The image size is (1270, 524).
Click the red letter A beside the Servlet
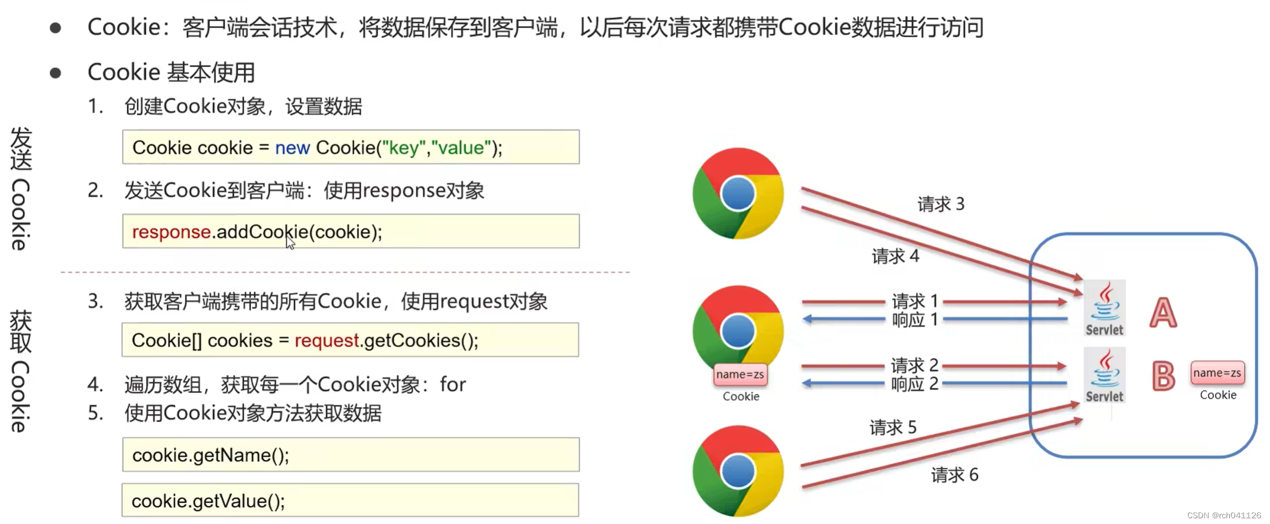(x=1163, y=312)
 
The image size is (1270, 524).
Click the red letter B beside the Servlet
(x=1163, y=376)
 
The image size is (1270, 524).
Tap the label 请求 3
(x=941, y=204)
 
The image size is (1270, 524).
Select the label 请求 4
(x=895, y=256)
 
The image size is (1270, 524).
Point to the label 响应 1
(x=915, y=319)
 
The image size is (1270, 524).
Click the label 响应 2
(x=915, y=384)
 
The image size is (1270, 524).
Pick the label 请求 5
(x=893, y=427)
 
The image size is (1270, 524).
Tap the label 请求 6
(x=954, y=475)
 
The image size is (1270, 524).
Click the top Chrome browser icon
(x=738, y=193)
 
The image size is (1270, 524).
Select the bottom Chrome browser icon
(x=738, y=471)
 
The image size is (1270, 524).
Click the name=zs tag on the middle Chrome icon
(x=740, y=375)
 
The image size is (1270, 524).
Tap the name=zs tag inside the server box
(x=1217, y=373)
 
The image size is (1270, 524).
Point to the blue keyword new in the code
(x=292, y=148)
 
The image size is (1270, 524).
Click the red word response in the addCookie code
(x=171, y=232)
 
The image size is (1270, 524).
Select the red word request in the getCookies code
(x=327, y=341)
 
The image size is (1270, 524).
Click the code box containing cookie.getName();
(x=350, y=455)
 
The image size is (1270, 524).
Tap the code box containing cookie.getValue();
(x=350, y=500)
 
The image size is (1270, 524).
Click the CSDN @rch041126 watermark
(x=1224, y=515)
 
